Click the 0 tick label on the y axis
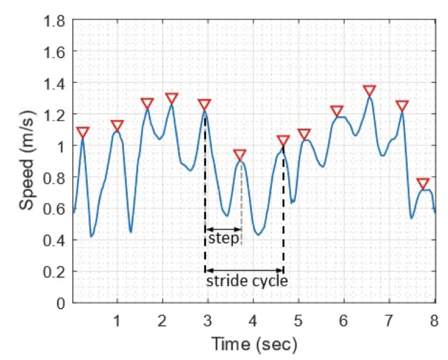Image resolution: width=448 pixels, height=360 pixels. pos(63,303)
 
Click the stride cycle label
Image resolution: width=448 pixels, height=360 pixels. pos(247,281)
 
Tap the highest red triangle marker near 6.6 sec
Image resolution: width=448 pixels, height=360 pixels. pos(370,91)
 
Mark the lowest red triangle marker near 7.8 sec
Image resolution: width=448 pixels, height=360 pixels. pos(423,184)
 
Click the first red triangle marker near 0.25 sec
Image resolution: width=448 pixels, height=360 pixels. pos(83,132)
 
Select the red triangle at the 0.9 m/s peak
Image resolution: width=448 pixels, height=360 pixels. pos(239,155)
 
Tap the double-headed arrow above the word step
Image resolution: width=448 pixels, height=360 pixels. pos(223,229)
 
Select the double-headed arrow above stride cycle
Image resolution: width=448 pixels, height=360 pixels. pos(244,271)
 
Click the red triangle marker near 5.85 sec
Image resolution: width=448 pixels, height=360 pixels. pos(337,111)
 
